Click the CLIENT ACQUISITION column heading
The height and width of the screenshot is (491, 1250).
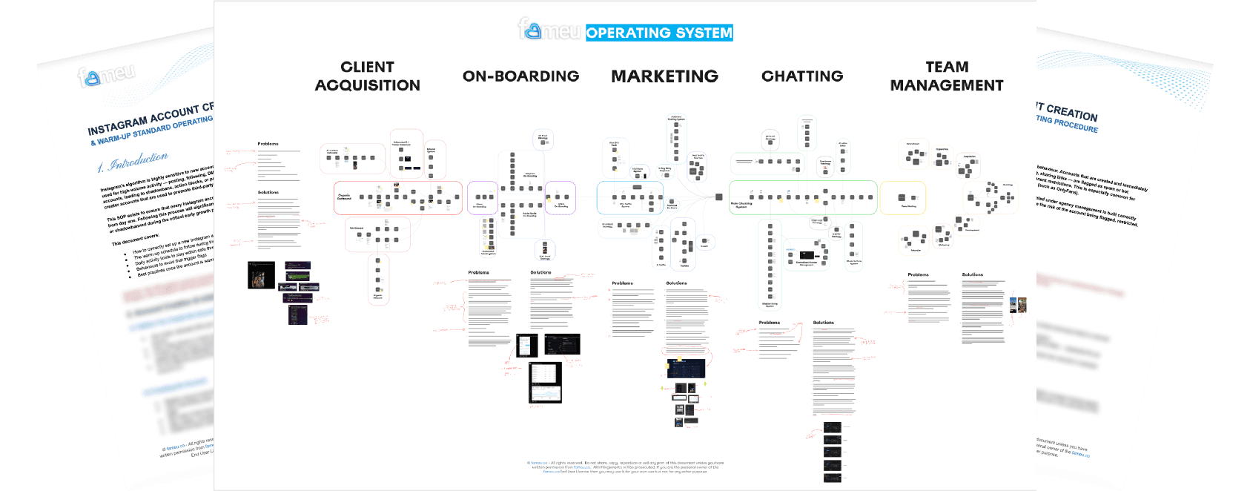pyautogui.click(x=367, y=76)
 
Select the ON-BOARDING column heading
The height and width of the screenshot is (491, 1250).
pyautogui.click(x=520, y=76)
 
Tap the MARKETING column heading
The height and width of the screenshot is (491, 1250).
pyautogui.click(x=664, y=76)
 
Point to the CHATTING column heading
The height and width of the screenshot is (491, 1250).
pyautogui.click(x=802, y=76)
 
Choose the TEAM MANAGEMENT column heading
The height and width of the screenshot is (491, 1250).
pyautogui.click(x=946, y=76)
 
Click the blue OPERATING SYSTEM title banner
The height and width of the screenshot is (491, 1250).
pyautogui.click(x=659, y=33)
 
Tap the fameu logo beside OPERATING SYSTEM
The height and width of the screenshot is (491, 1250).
pyautogui.click(x=549, y=30)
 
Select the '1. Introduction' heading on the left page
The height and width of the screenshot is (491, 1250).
pyautogui.click(x=133, y=162)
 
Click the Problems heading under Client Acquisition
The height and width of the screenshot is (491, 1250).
pyautogui.click(x=268, y=144)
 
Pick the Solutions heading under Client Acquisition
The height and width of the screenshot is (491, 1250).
pyautogui.click(x=268, y=192)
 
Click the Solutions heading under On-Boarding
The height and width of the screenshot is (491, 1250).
pyautogui.click(x=540, y=272)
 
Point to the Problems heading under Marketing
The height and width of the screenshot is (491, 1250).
pyautogui.click(x=622, y=283)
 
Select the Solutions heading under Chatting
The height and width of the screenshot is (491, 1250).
pyautogui.click(x=823, y=323)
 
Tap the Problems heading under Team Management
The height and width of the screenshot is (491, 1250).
pyautogui.click(x=918, y=274)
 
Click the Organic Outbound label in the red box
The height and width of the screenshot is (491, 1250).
pyautogui.click(x=344, y=197)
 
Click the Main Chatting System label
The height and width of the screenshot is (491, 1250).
pyautogui.click(x=741, y=205)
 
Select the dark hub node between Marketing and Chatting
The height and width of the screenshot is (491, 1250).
pyautogui.click(x=718, y=197)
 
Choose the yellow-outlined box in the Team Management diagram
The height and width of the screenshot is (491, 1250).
pyautogui.click(x=902, y=198)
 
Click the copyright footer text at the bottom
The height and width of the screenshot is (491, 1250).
pyautogui.click(x=625, y=467)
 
